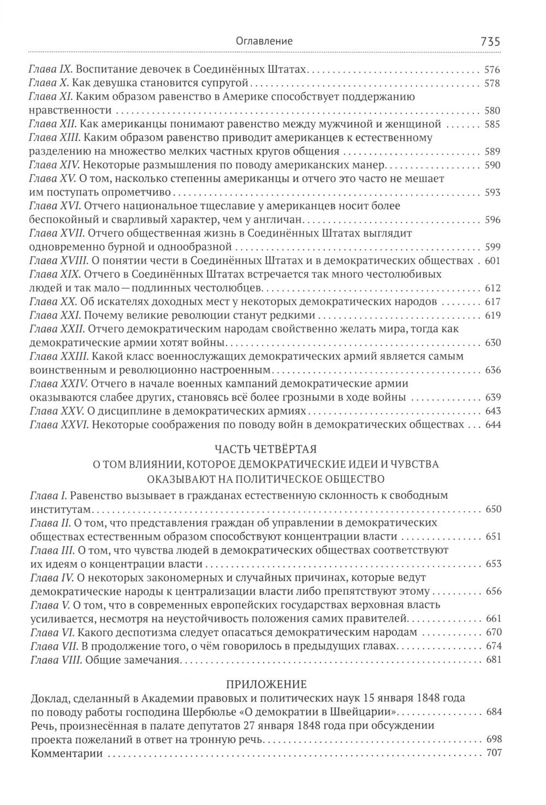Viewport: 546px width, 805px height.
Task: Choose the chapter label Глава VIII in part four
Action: pos(55,660)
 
